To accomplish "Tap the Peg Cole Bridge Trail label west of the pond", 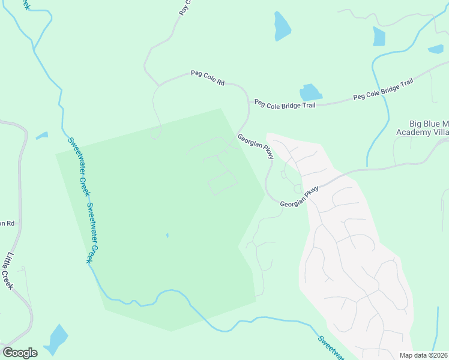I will (x=285, y=104).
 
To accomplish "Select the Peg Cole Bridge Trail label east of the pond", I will (x=383, y=89).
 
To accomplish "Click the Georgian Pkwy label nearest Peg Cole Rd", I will (x=256, y=146).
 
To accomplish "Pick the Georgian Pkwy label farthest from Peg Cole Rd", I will (x=299, y=197).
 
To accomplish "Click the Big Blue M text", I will (x=429, y=123).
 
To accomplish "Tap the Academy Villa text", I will (x=423, y=132).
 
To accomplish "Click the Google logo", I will (x=20, y=352).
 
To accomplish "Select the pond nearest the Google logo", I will (x=56, y=340).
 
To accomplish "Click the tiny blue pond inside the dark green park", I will (x=167, y=235).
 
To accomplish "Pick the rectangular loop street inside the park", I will (x=222, y=182).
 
